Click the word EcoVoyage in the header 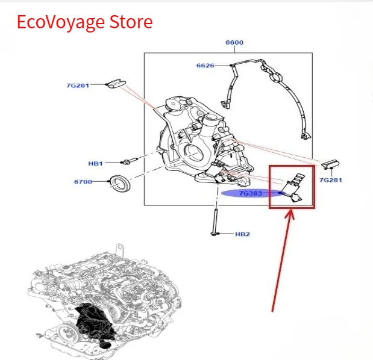tap(61, 22)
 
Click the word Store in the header tap(131, 22)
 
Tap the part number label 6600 tap(234, 43)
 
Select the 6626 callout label tap(205, 66)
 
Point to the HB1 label tap(95, 164)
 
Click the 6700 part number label tap(83, 182)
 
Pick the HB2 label tap(242, 234)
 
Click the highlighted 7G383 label tap(251, 193)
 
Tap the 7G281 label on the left tap(78, 85)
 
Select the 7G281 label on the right tap(331, 180)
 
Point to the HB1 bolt tap(130, 161)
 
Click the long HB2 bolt tap(215, 222)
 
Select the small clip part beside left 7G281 tap(116, 84)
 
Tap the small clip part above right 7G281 tap(330, 164)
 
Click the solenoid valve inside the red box tap(293, 188)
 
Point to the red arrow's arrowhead tap(290, 213)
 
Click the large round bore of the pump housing tap(194, 155)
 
